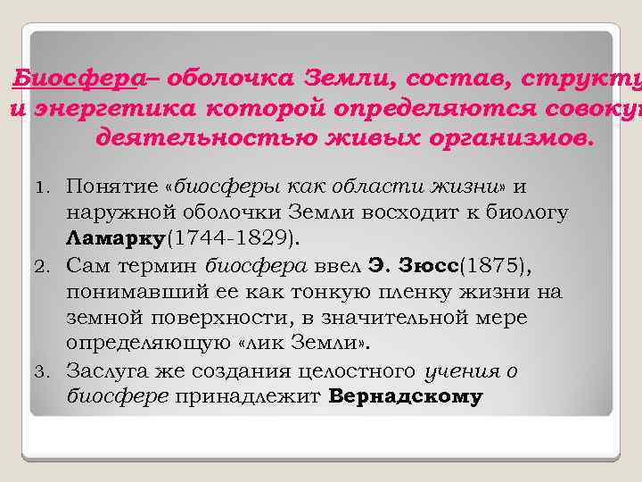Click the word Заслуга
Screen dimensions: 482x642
click(x=111, y=370)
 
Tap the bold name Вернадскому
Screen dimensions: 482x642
click(x=406, y=396)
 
